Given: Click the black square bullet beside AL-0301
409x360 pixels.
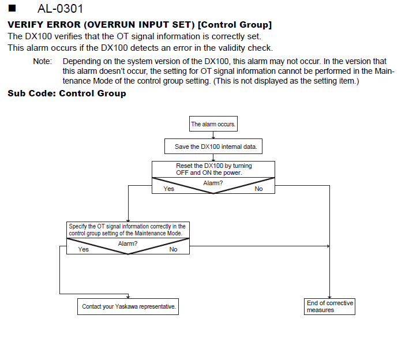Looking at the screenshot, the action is pos(12,8).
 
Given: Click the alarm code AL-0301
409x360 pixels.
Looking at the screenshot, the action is pos(60,9).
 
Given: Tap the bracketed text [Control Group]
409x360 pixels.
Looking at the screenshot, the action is pos(235,25).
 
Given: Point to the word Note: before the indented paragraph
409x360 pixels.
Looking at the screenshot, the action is pos(43,61).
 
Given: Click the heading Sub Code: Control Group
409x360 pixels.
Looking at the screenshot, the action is pos(67,93).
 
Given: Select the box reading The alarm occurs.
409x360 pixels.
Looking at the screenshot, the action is pos(213,124).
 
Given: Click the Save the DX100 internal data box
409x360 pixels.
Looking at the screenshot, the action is pos(213,147).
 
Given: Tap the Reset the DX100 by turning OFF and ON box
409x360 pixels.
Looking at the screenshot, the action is pos(213,169).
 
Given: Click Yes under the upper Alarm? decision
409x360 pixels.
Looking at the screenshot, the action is pos(169,189).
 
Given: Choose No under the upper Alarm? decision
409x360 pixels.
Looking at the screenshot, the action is pos(258,189).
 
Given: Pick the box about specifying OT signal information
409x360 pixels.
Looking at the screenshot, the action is pos(128,230).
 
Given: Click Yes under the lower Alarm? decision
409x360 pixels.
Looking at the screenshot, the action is pos(84,249).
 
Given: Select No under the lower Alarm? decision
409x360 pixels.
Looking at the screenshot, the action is pos(173,249).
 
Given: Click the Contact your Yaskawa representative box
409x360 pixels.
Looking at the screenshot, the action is pos(128,306).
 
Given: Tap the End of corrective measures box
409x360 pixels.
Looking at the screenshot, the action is pos(329,306).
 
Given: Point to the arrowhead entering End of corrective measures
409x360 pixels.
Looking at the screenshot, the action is pos(329,297).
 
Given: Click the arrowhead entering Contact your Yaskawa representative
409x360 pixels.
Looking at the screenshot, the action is pos(128,297).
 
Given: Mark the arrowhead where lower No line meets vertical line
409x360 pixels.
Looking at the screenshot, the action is pos(328,246).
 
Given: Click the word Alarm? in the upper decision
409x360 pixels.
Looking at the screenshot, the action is pos(213,183).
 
